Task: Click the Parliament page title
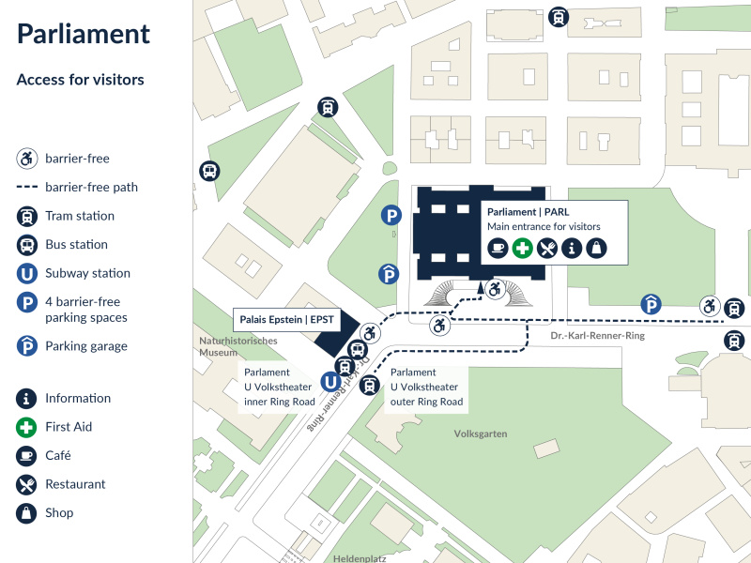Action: pyautogui.click(x=84, y=35)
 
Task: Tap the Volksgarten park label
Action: pyautogui.click(x=481, y=434)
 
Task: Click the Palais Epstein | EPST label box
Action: pyautogui.click(x=286, y=320)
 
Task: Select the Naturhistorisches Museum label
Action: pyautogui.click(x=238, y=346)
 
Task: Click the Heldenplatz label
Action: pyautogui.click(x=360, y=558)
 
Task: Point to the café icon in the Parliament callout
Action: pyautogui.click(x=498, y=248)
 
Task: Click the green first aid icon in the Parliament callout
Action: pyautogui.click(x=522, y=248)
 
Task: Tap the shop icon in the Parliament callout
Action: pyautogui.click(x=596, y=248)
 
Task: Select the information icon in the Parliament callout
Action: pyautogui.click(x=572, y=248)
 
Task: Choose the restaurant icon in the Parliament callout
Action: pyautogui.click(x=547, y=248)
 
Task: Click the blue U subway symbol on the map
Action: pyautogui.click(x=330, y=382)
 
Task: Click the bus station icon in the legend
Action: pyautogui.click(x=27, y=245)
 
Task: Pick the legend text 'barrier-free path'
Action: pyautogui.click(x=91, y=187)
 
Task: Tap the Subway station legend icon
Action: pyautogui.click(x=27, y=274)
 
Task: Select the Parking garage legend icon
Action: pyautogui.click(x=27, y=345)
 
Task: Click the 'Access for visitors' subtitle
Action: pyautogui.click(x=81, y=80)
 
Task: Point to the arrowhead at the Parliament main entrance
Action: pyautogui.click(x=481, y=287)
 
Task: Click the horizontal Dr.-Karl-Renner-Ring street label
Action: pyautogui.click(x=597, y=336)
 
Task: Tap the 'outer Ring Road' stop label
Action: pyautogui.click(x=426, y=402)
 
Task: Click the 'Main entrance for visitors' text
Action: pyautogui.click(x=544, y=226)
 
